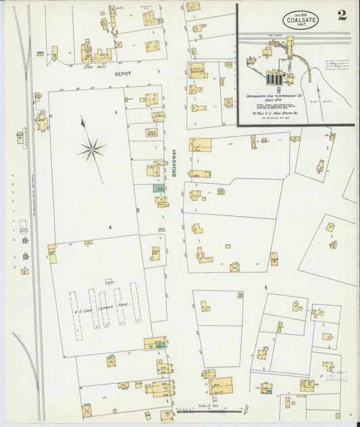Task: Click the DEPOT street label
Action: [122, 72]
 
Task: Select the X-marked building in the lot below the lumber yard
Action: [86, 410]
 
